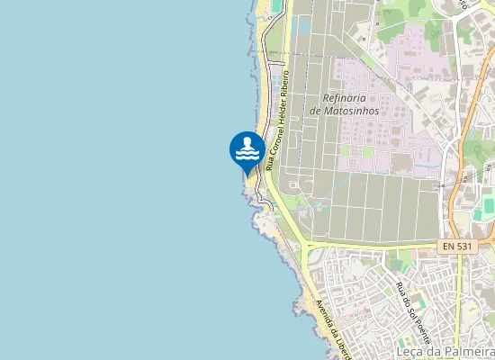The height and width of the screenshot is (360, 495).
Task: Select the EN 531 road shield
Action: (x=459, y=246)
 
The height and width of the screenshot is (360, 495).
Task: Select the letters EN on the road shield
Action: (x=450, y=246)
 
